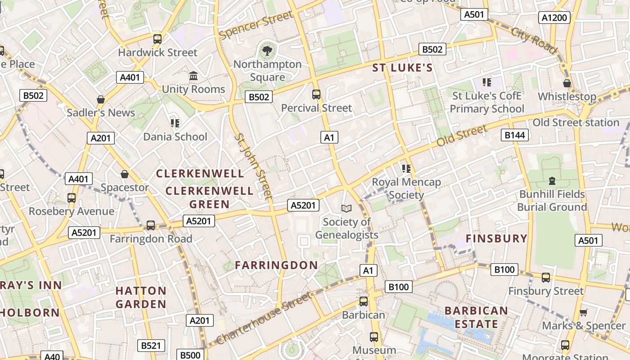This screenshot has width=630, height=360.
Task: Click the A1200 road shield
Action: pyautogui.click(x=554, y=18)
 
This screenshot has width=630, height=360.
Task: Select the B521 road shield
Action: pyautogui.click(x=151, y=346)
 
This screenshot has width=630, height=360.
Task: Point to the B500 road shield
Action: pyautogui.click(x=190, y=355)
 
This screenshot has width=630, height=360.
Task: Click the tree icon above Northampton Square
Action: pyautogui.click(x=267, y=50)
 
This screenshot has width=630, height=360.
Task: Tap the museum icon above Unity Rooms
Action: pyautogui.click(x=193, y=76)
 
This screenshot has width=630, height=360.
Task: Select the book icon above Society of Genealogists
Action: pyautogui.click(x=346, y=208)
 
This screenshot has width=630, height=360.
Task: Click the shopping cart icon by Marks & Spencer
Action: pyautogui.click(x=584, y=312)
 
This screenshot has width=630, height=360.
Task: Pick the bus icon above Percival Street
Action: pyautogui.click(x=316, y=94)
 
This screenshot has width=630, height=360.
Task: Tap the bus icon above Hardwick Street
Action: pyautogui.click(x=157, y=39)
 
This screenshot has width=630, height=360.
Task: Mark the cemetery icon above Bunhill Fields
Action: pyautogui.click(x=552, y=181)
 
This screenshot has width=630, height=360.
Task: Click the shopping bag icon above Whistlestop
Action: pyautogui.click(x=567, y=83)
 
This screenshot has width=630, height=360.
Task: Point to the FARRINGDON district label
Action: pyautogui.click(x=276, y=265)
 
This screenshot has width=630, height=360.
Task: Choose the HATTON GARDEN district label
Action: pyautogui.click(x=141, y=297)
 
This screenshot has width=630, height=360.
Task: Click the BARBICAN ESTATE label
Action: pyautogui.click(x=476, y=317)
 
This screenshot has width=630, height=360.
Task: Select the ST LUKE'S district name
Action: pyautogui.click(x=402, y=68)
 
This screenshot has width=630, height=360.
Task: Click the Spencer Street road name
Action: pyautogui.click(x=256, y=26)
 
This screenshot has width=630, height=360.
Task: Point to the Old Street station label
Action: pyautogui.click(x=576, y=122)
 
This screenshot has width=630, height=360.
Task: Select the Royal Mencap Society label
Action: pyautogui.click(x=406, y=188)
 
